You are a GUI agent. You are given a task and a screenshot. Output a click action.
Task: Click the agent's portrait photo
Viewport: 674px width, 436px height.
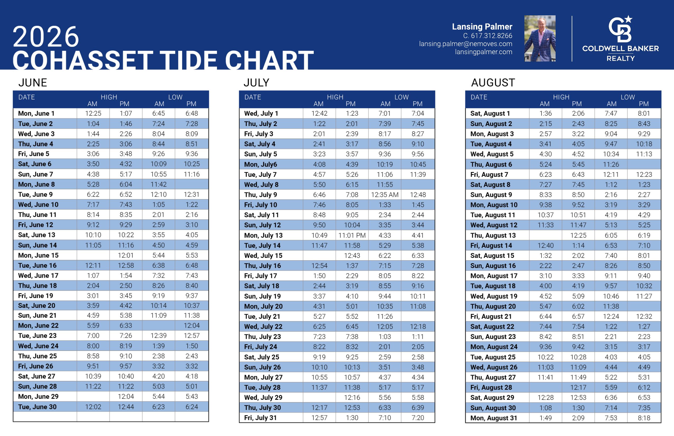(540, 39)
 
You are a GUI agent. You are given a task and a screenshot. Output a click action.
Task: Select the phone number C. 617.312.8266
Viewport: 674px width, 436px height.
(488, 36)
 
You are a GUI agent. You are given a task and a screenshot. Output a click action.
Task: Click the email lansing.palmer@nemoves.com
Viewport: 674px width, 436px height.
(465, 44)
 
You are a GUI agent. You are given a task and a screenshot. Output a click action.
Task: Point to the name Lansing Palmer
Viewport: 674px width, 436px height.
(482, 27)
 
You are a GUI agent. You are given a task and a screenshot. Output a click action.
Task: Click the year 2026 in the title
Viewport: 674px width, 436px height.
(46, 36)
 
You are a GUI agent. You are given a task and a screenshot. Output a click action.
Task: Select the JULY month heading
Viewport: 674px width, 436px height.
(256, 83)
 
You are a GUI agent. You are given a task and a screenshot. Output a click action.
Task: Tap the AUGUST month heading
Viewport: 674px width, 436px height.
(493, 83)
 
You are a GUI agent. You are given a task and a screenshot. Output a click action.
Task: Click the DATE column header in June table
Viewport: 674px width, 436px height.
(27, 98)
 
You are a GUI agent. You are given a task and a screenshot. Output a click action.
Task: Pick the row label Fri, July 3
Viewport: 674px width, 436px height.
(258, 134)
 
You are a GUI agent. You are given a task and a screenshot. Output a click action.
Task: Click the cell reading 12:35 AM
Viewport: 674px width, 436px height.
(385, 195)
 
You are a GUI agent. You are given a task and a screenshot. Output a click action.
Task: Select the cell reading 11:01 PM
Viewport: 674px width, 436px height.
(352, 235)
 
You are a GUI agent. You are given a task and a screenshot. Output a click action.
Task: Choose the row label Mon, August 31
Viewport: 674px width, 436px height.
(494, 418)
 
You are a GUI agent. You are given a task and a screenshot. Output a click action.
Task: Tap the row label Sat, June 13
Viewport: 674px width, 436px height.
(36, 235)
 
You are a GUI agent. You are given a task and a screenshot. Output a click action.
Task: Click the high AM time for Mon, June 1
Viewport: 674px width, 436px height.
(93, 114)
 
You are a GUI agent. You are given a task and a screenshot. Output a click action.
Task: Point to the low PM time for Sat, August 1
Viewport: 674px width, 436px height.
(644, 114)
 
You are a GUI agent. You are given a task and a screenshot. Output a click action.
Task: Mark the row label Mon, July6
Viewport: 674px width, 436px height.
(261, 164)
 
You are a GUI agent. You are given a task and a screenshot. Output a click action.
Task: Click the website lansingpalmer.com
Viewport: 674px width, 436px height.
(484, 52)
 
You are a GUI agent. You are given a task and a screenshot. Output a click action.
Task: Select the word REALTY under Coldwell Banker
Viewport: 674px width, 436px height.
(621, 59)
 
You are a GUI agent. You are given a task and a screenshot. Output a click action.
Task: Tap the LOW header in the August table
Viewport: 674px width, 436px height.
(627, 98)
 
